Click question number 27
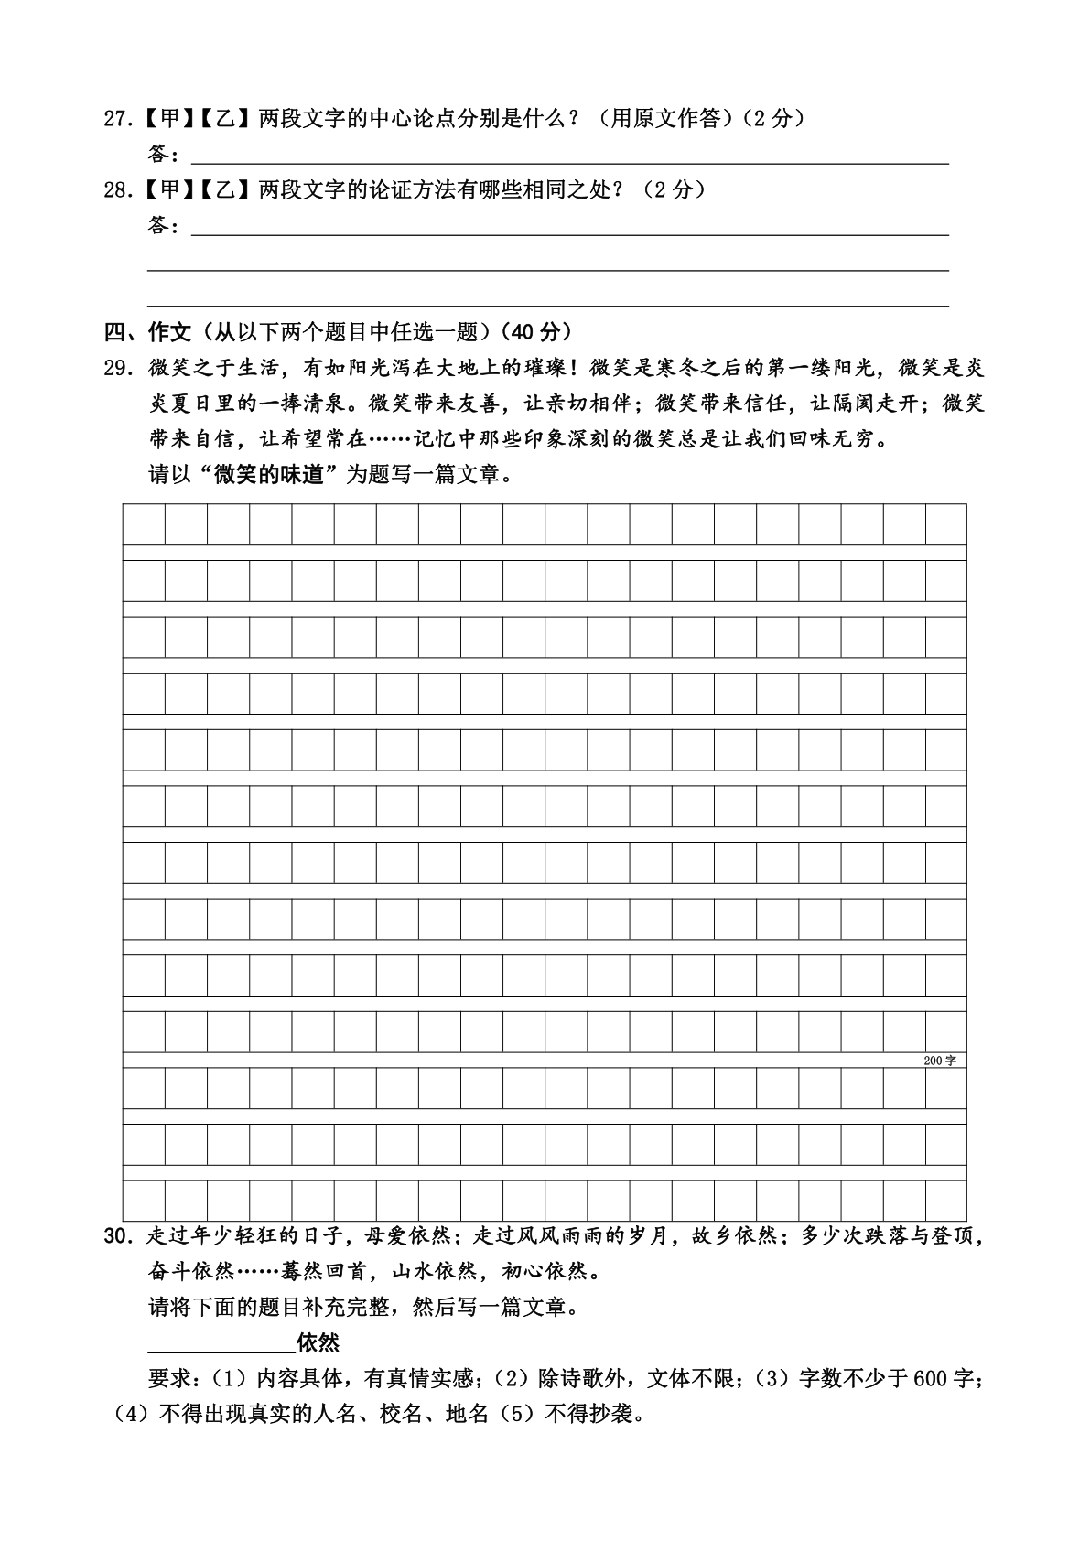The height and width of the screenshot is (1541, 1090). pyautogui.click(x=116, y=119)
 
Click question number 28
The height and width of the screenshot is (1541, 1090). pyautogui.click(x=116, y=190)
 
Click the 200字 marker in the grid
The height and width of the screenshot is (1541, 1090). pyautogui.click(x=940, y=1061)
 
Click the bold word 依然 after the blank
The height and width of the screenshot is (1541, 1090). pyautogui.click(x=318, y=1342)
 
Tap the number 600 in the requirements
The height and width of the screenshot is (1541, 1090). pyautogui.click(x=931, y=1378)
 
